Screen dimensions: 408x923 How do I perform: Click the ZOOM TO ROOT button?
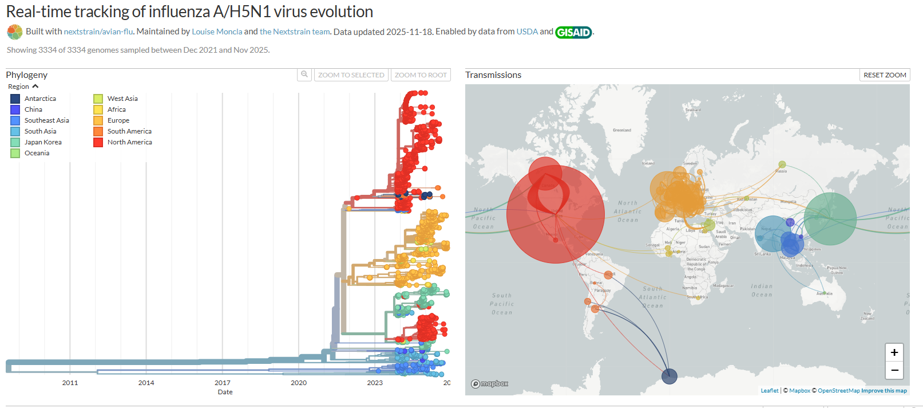click(421, 75)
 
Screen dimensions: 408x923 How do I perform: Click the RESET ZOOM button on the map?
click(885, 75)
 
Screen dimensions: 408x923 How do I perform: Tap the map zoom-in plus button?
click(894, 352)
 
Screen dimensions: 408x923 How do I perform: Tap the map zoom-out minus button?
click(894, 370)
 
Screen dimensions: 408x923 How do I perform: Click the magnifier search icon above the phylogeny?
click(304, 74)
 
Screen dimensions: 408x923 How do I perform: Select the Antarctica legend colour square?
click(15, 99)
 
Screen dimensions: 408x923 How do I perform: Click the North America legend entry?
click(129, 142)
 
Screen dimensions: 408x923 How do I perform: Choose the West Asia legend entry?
click(122, 99)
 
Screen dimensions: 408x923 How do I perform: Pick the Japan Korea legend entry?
click(42, 142)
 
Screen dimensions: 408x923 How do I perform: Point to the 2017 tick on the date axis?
click(223, 383)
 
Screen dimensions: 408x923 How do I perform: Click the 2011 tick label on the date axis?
click(70, 383)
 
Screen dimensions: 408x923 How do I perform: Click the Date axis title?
click(225, 392)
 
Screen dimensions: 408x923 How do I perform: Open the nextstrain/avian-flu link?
click(98, 32)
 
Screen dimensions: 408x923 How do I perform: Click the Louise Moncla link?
click(217, 32)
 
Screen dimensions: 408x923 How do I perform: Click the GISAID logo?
click(573, 32)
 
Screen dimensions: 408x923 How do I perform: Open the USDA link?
click(527, 32)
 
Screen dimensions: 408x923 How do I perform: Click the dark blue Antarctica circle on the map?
click(670, 376)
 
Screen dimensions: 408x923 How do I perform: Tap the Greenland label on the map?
click(622, 130)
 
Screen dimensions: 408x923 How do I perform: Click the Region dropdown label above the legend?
click(19, 87)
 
